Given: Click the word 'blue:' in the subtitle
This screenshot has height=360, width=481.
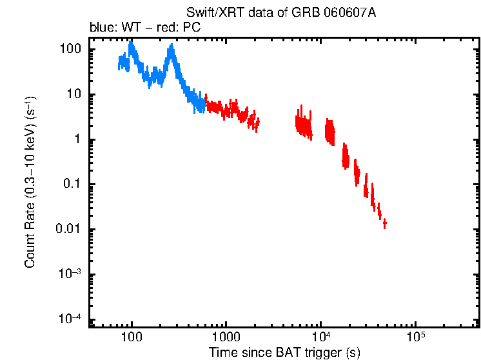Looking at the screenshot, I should click(101, 28).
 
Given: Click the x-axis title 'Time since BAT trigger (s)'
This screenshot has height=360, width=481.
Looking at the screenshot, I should click(284, 352).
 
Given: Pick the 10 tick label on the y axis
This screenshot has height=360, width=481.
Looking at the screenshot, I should click(73, 95).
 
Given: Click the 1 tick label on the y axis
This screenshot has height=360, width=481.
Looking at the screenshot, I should click(76, 140).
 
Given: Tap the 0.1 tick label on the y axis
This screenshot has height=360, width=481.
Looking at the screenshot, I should click(72, 185).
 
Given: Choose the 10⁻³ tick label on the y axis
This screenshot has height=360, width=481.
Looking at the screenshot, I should click(68, 274).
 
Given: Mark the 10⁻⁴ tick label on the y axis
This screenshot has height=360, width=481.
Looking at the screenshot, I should click(68, 319).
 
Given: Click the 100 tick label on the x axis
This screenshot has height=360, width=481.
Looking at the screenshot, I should click(132, 337).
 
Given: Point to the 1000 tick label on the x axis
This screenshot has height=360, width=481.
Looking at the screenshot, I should click(226, 337).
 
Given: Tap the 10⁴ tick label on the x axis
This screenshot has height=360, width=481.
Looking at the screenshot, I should click(320, 337).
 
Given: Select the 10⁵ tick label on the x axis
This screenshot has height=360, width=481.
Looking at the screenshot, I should click(415, 337).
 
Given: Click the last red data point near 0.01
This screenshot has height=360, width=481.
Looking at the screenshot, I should click(384, 223).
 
